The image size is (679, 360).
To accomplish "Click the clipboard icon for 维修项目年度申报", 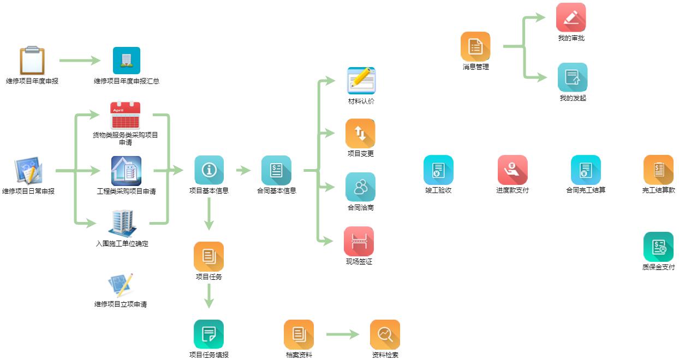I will (x=32, y=61).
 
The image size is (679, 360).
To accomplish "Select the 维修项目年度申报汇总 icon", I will (x=127, y=61).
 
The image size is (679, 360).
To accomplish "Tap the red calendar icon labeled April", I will (x=125, y=116).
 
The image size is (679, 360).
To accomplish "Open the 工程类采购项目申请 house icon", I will (x=126, y=171).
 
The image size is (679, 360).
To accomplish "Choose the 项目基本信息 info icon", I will (x=209, y=170).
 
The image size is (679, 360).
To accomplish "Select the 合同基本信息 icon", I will (x=276, y=170).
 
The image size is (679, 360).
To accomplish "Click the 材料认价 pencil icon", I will (x=361, y=81).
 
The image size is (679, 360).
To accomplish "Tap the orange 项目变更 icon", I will (x=360, y=134).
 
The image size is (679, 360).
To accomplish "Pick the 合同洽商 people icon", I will (x=360, y=187).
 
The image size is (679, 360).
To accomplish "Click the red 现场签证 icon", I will (x=359, y=241).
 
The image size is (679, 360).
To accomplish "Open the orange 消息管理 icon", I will (x=475, y=46).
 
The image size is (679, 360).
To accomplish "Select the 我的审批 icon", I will (x=571, y=17).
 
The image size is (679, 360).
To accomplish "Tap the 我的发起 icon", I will (x=573, y=77).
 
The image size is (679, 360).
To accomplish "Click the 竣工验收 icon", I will (x=438, y=170).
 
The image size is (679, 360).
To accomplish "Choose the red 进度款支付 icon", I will (x=513, y=170).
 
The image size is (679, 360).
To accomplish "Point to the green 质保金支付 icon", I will (x=658, y=247).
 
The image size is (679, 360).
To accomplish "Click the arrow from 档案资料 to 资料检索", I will (x=342, y=334).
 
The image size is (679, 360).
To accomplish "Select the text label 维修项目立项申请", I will (x=121, y=304).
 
